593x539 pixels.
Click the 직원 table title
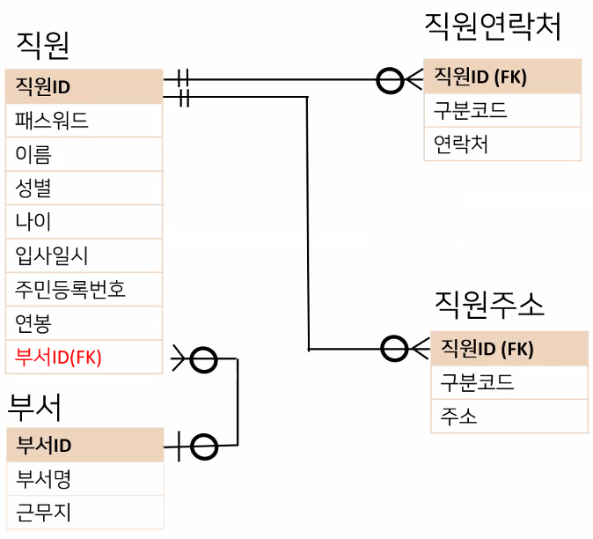coord(42,45)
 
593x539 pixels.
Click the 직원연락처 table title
coord(492,26)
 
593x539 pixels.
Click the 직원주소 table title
coord(489,304)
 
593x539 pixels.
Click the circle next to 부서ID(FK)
coord(203,359)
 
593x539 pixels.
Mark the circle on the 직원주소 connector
coord(395,349)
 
